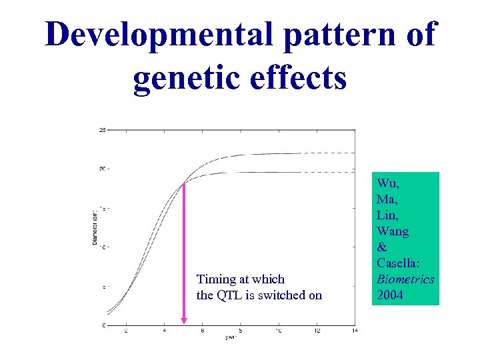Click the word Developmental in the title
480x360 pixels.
pos(159,35)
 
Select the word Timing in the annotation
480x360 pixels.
pos(215,279)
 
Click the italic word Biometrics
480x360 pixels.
pos(405,279)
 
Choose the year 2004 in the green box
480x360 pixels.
pos(390,295)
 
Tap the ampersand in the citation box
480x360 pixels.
pos(381,247)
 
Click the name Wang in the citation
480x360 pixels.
pos(393,231)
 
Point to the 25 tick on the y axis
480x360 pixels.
pos(102,129)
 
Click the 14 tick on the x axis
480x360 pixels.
pos(355,330)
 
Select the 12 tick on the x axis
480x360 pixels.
pos(317,330)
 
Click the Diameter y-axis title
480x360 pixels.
pos(95,227)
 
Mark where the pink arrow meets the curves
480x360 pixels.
pos(184,184)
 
